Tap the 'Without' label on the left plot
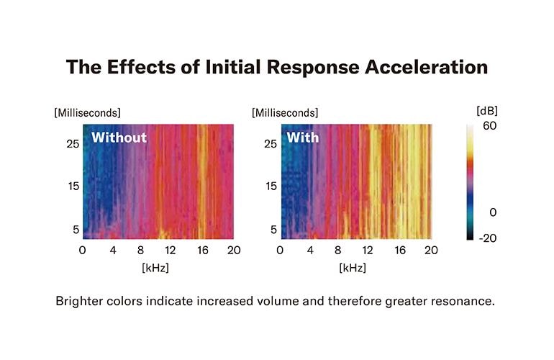tap(119, 138)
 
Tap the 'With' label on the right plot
tap(303, 138)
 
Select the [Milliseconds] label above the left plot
tap(87, 113)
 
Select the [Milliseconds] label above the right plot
tap(285, 113)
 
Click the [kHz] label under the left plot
tap(157, 267)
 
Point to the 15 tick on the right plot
tap(268, 186)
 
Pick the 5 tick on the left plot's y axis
tap(73, 230)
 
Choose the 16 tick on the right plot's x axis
tap(400, 251)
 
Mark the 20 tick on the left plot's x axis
tap(234, 251)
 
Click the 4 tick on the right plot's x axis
tap(310, 251)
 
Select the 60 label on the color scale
tap(489, 126)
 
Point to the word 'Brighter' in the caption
tap(78, 301)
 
